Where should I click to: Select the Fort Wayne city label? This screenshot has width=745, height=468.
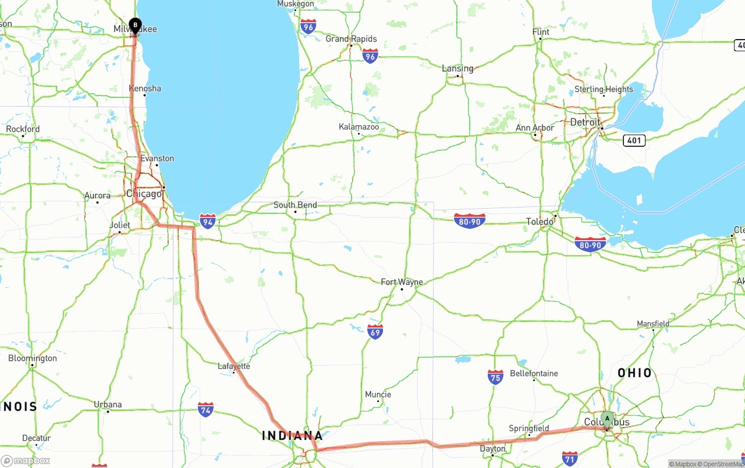tap(402, 282)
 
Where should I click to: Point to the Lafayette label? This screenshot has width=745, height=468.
tap(234, 366)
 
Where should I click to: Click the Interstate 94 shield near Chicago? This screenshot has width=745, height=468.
tap(208, 221)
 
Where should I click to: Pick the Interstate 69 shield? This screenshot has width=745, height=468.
tap(375, 332)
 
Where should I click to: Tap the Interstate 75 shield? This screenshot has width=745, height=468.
tap(495, 376)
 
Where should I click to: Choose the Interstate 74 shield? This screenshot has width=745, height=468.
tap(205, 409)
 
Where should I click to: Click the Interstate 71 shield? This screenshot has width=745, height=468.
tap(570, 458)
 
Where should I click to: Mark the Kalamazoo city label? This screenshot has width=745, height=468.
tap(359, 127)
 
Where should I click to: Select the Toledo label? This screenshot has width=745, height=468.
tap(540, 221)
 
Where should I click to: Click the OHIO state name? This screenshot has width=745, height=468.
tap(635, 373)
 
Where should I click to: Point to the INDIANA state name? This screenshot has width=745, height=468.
tap(292, 435)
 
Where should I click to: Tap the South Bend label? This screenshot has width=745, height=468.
tap(295, 205)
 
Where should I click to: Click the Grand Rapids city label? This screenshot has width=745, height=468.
tap(351, 39)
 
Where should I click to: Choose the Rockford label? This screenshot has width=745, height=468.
tap(23, 129)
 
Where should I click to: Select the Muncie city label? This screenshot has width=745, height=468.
tap(378, 395)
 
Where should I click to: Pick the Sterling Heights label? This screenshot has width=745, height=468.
tap(604, 89)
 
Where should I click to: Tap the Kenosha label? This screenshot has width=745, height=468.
tap(145, 89)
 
